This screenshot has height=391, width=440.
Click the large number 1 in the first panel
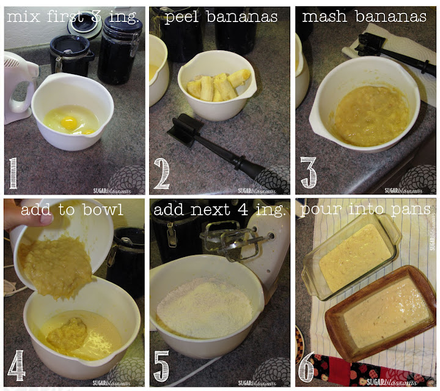point(13,173)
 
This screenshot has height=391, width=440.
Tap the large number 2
point(162,173)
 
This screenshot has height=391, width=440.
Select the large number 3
point(309,173)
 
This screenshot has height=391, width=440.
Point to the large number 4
point(16,365)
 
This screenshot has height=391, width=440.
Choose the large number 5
point(162,366)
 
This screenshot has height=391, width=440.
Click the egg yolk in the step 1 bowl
point(69,123)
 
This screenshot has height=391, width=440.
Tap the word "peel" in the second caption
point(182,17)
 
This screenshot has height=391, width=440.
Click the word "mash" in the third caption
point(324,17)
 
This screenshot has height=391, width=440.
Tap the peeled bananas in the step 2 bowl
point(219,85)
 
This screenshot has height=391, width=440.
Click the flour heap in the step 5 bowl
point(204,303)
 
